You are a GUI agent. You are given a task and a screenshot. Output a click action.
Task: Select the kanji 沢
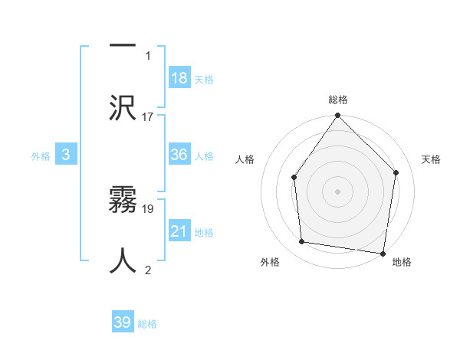click(x=123, y=106)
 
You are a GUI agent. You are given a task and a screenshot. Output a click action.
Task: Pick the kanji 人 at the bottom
click(x=123, y=260)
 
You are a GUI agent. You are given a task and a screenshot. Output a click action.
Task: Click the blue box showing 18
click(x=179, y=78)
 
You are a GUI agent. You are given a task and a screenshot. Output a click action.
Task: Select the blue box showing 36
click(x=179, y=155)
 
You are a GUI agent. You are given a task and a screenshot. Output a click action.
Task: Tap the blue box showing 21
click(x=179, y=231)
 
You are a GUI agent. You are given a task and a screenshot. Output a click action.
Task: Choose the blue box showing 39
click(x=123, y=322)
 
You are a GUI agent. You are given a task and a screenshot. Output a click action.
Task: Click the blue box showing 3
click(x=66, y=155)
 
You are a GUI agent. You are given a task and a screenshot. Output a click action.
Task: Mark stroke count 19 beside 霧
click(x=148, y=208)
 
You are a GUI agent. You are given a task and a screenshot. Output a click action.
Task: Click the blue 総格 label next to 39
click(x=148, y=324)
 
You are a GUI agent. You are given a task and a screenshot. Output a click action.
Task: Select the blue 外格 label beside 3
click(x=41, y=156)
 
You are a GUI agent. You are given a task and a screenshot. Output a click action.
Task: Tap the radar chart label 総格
click(x=338, y=100)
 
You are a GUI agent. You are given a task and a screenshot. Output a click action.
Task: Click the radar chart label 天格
click(x=432, y=159)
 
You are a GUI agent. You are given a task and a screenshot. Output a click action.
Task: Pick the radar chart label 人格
click(x=245, y=159)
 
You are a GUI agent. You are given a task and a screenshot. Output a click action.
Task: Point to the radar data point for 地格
click(x=383, y=253)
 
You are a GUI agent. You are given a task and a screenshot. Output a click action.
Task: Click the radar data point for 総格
click(x=338, y=116)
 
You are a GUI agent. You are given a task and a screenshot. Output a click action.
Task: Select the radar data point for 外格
click(x=302, y=241)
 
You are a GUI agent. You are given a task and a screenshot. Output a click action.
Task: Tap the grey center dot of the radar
click(x=338, y=191)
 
